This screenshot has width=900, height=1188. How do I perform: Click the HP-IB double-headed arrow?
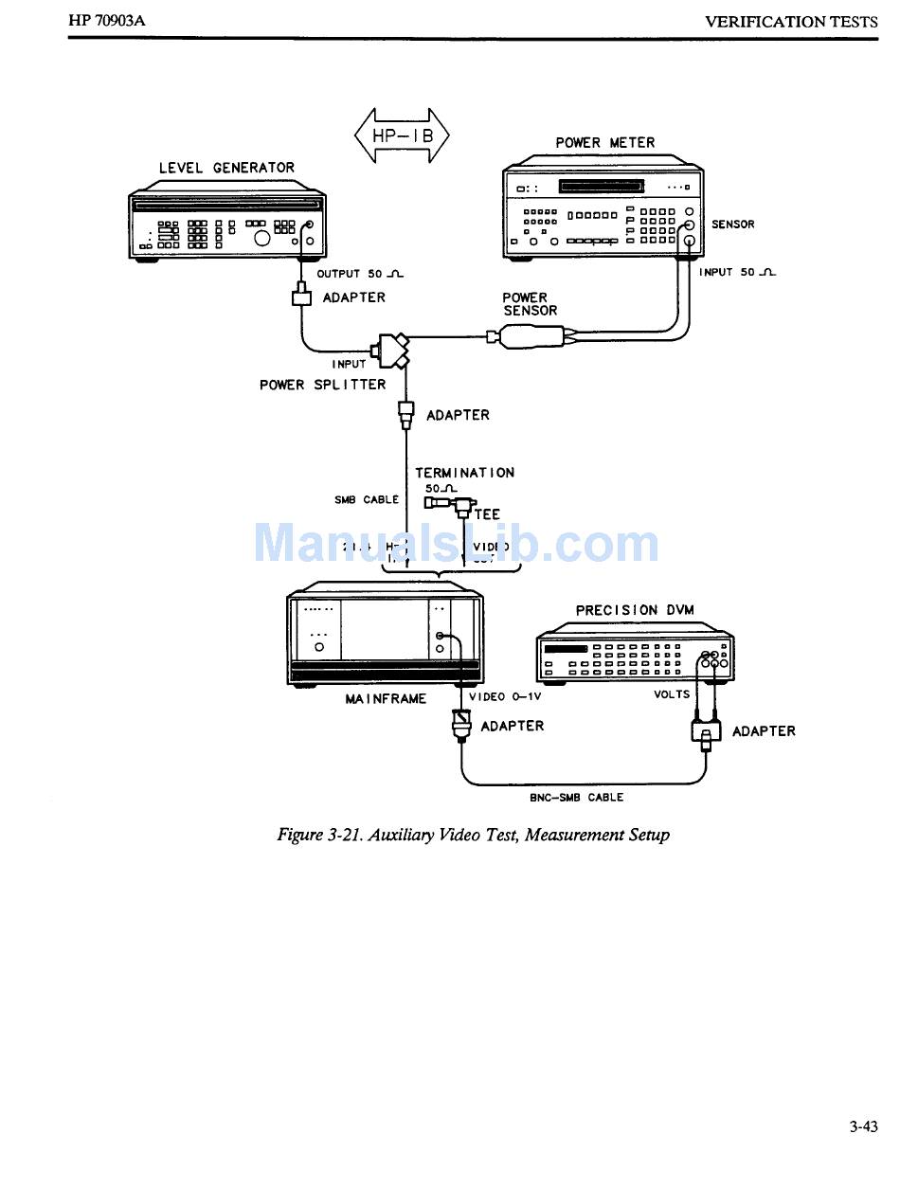click(x=402, y=135)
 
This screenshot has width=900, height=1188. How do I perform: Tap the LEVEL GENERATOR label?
click(x=226, y=168)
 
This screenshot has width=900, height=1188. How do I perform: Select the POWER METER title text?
click(x=604, y=143)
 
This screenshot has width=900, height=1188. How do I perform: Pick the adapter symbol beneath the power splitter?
click(x=406, y=414)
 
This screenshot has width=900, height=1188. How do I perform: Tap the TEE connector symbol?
click(x=462, y=506)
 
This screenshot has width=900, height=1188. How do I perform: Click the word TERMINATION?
click(x=464, y=473)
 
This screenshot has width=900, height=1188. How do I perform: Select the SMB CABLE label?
click(x=366, y=499)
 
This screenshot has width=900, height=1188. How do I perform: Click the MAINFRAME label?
click(x=386, y=699)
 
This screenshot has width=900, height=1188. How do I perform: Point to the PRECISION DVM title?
click(x=634, y=610)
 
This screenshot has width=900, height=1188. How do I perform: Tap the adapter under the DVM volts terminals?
click(x=706, y=730)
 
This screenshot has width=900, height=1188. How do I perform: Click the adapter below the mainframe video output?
click(x=461, y=726)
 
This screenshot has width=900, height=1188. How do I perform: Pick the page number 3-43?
click(x=863, y=1126)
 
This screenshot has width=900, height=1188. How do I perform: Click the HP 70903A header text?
click(x=107, y=20)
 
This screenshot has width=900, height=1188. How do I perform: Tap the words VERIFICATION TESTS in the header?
click(x=791, y=21)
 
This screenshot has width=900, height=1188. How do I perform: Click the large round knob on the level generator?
click(x=262, y=238)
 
